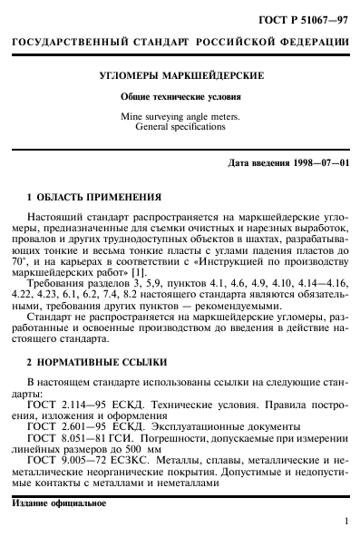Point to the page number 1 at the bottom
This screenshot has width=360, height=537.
click(x=347, y=522)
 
